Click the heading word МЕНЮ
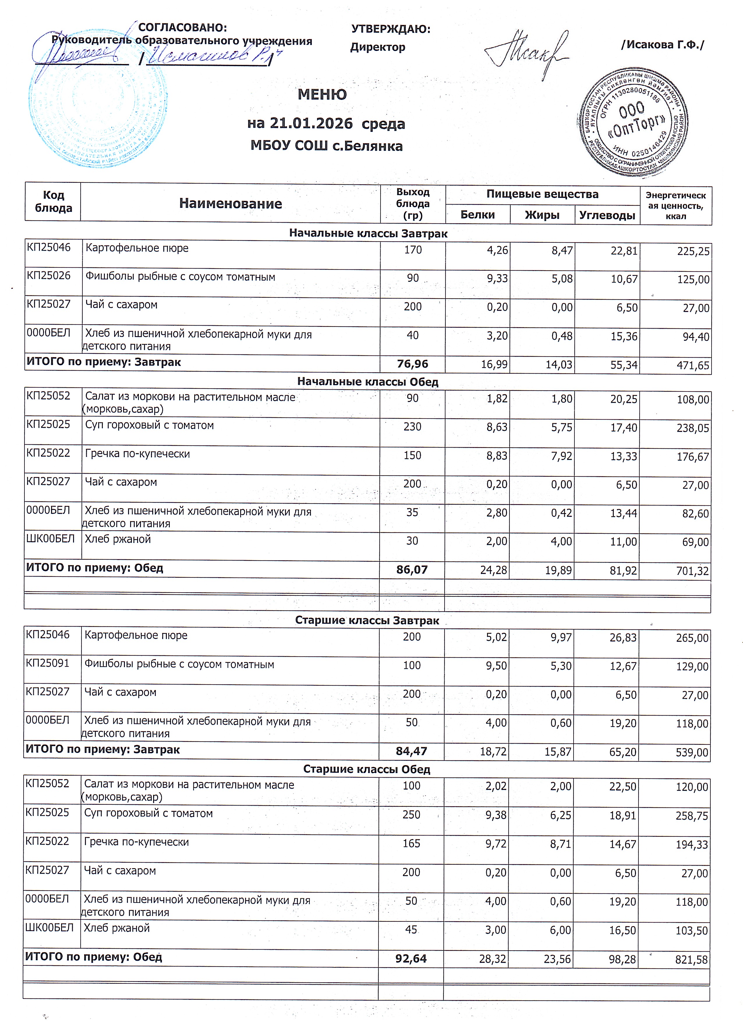coord(322,95)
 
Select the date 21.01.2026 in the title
coord(311,123)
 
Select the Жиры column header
coord(542,215)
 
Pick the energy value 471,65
coord(693,365)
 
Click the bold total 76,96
coord(413,364)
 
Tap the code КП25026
coord(49,276)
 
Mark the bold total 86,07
coord(412,570)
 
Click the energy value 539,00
coord(692,752)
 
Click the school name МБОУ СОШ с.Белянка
coord(326,146)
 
